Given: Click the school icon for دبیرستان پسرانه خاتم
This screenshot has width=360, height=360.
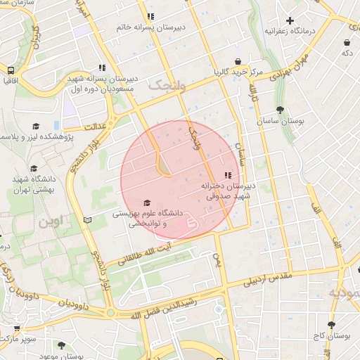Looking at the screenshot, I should [150, 16].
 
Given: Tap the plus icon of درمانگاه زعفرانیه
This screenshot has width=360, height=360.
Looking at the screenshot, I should [290, 20].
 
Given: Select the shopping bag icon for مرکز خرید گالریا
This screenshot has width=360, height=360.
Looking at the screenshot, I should [239, 61].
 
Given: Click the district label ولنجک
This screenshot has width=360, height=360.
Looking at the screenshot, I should [167, 85].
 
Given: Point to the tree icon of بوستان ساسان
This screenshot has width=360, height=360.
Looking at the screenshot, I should [281, 110].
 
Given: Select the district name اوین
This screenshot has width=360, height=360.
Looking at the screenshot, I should [50, 221].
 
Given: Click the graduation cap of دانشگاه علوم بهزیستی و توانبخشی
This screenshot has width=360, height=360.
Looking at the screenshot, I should [146, 202].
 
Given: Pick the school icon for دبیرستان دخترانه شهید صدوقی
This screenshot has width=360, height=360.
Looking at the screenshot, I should [227, 175].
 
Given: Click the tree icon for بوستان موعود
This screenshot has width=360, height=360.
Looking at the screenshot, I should [61, 345].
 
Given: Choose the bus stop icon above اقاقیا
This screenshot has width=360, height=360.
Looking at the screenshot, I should [11, 70].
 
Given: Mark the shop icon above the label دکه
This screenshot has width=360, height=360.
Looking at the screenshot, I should [347, 42].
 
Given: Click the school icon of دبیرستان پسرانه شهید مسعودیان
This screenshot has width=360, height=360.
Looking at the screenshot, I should [103, 68].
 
